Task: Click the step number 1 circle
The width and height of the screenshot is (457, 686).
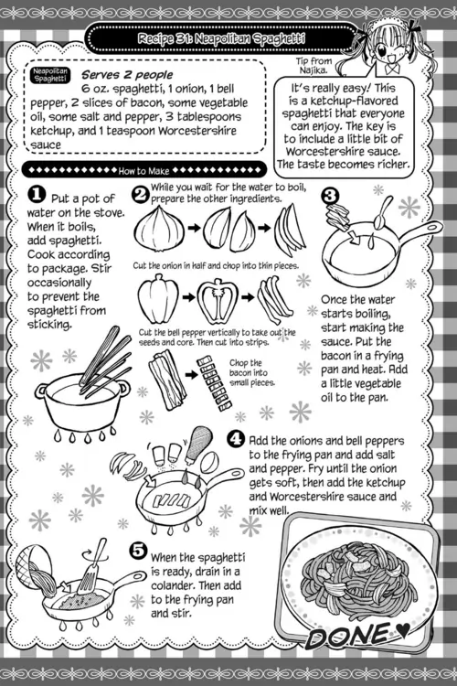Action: pos(37,195)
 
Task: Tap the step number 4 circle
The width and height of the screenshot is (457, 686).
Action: pos(236,438)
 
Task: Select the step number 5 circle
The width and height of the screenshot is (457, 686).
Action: pos(138,550)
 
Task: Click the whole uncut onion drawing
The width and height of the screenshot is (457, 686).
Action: pos(159,229)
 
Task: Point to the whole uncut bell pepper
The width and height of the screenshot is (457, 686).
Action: pos(158,297)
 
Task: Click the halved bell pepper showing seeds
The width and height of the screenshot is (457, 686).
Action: pos(218,300)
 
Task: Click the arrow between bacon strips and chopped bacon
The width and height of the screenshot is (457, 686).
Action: pos(191,375)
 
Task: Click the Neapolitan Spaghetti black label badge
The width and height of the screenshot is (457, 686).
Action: pos(50,75)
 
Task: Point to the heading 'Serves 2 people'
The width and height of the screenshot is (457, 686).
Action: pos(127,75)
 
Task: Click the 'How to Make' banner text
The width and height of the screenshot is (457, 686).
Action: pos(143,171)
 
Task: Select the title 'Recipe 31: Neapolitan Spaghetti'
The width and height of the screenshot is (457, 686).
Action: pos(221,39)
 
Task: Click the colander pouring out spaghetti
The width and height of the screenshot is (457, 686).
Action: pos(34,569)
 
